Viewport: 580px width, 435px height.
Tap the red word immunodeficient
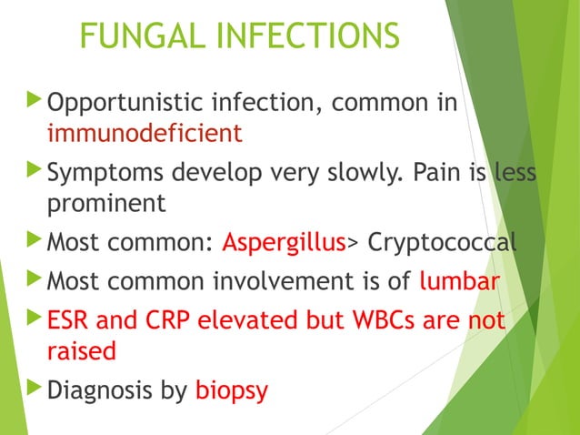pos(145,134)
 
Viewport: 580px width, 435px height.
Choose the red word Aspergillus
pos(284,243)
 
